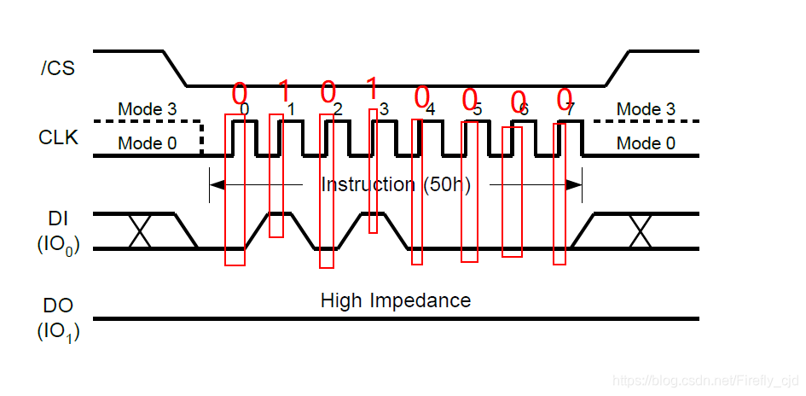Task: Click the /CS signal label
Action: point(58,67)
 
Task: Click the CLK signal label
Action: point(58,137)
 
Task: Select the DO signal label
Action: point(58,306)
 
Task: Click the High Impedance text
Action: point(395,300)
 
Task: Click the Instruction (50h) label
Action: point(395,184)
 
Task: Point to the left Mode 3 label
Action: point(147,109)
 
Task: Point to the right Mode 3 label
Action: point(646,109)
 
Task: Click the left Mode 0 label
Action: point(147,143)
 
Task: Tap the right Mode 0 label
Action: point(646,143)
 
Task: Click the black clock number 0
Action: point(245,109)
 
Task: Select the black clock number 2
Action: point(338,109)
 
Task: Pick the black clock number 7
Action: point(570,109)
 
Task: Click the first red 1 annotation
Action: point(285,89)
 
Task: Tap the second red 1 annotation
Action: point(371,87)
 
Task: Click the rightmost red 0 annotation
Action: point(564,101)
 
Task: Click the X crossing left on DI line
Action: point(140,231)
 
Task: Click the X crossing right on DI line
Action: point(640,231)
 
